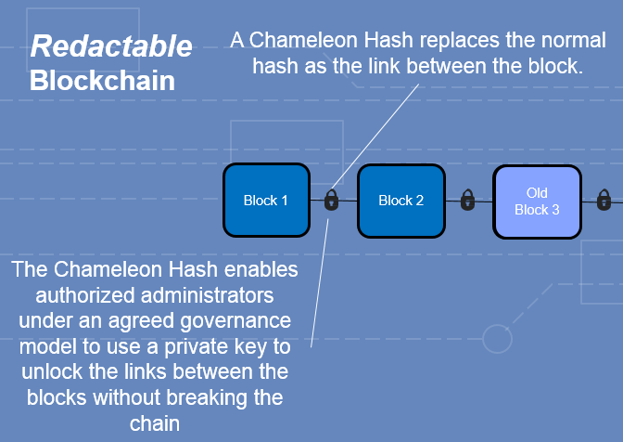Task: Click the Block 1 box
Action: point(266,200)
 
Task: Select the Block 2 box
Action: point(401,200)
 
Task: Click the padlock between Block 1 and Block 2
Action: point(332,200)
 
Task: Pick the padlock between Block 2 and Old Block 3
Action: point(468,199)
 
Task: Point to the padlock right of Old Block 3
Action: point(604,199)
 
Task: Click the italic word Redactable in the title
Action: point(111,46)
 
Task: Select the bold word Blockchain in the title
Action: point(102,80)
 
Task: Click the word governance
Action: point(233,321)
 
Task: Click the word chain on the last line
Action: point(154,423)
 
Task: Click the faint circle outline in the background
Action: point(498,339)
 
